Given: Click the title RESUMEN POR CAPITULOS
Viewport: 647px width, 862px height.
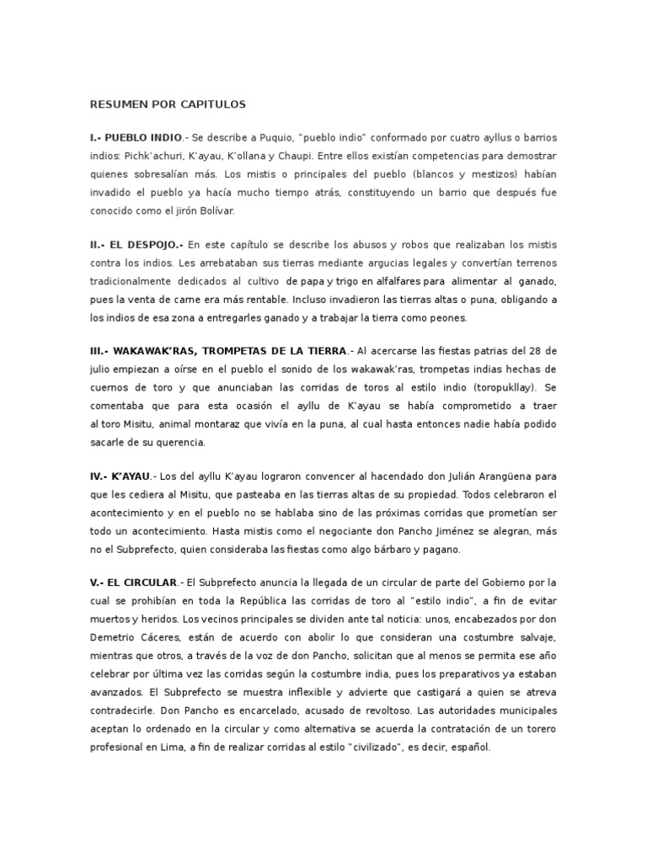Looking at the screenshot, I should pyautogui.click(x=168, y=104).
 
